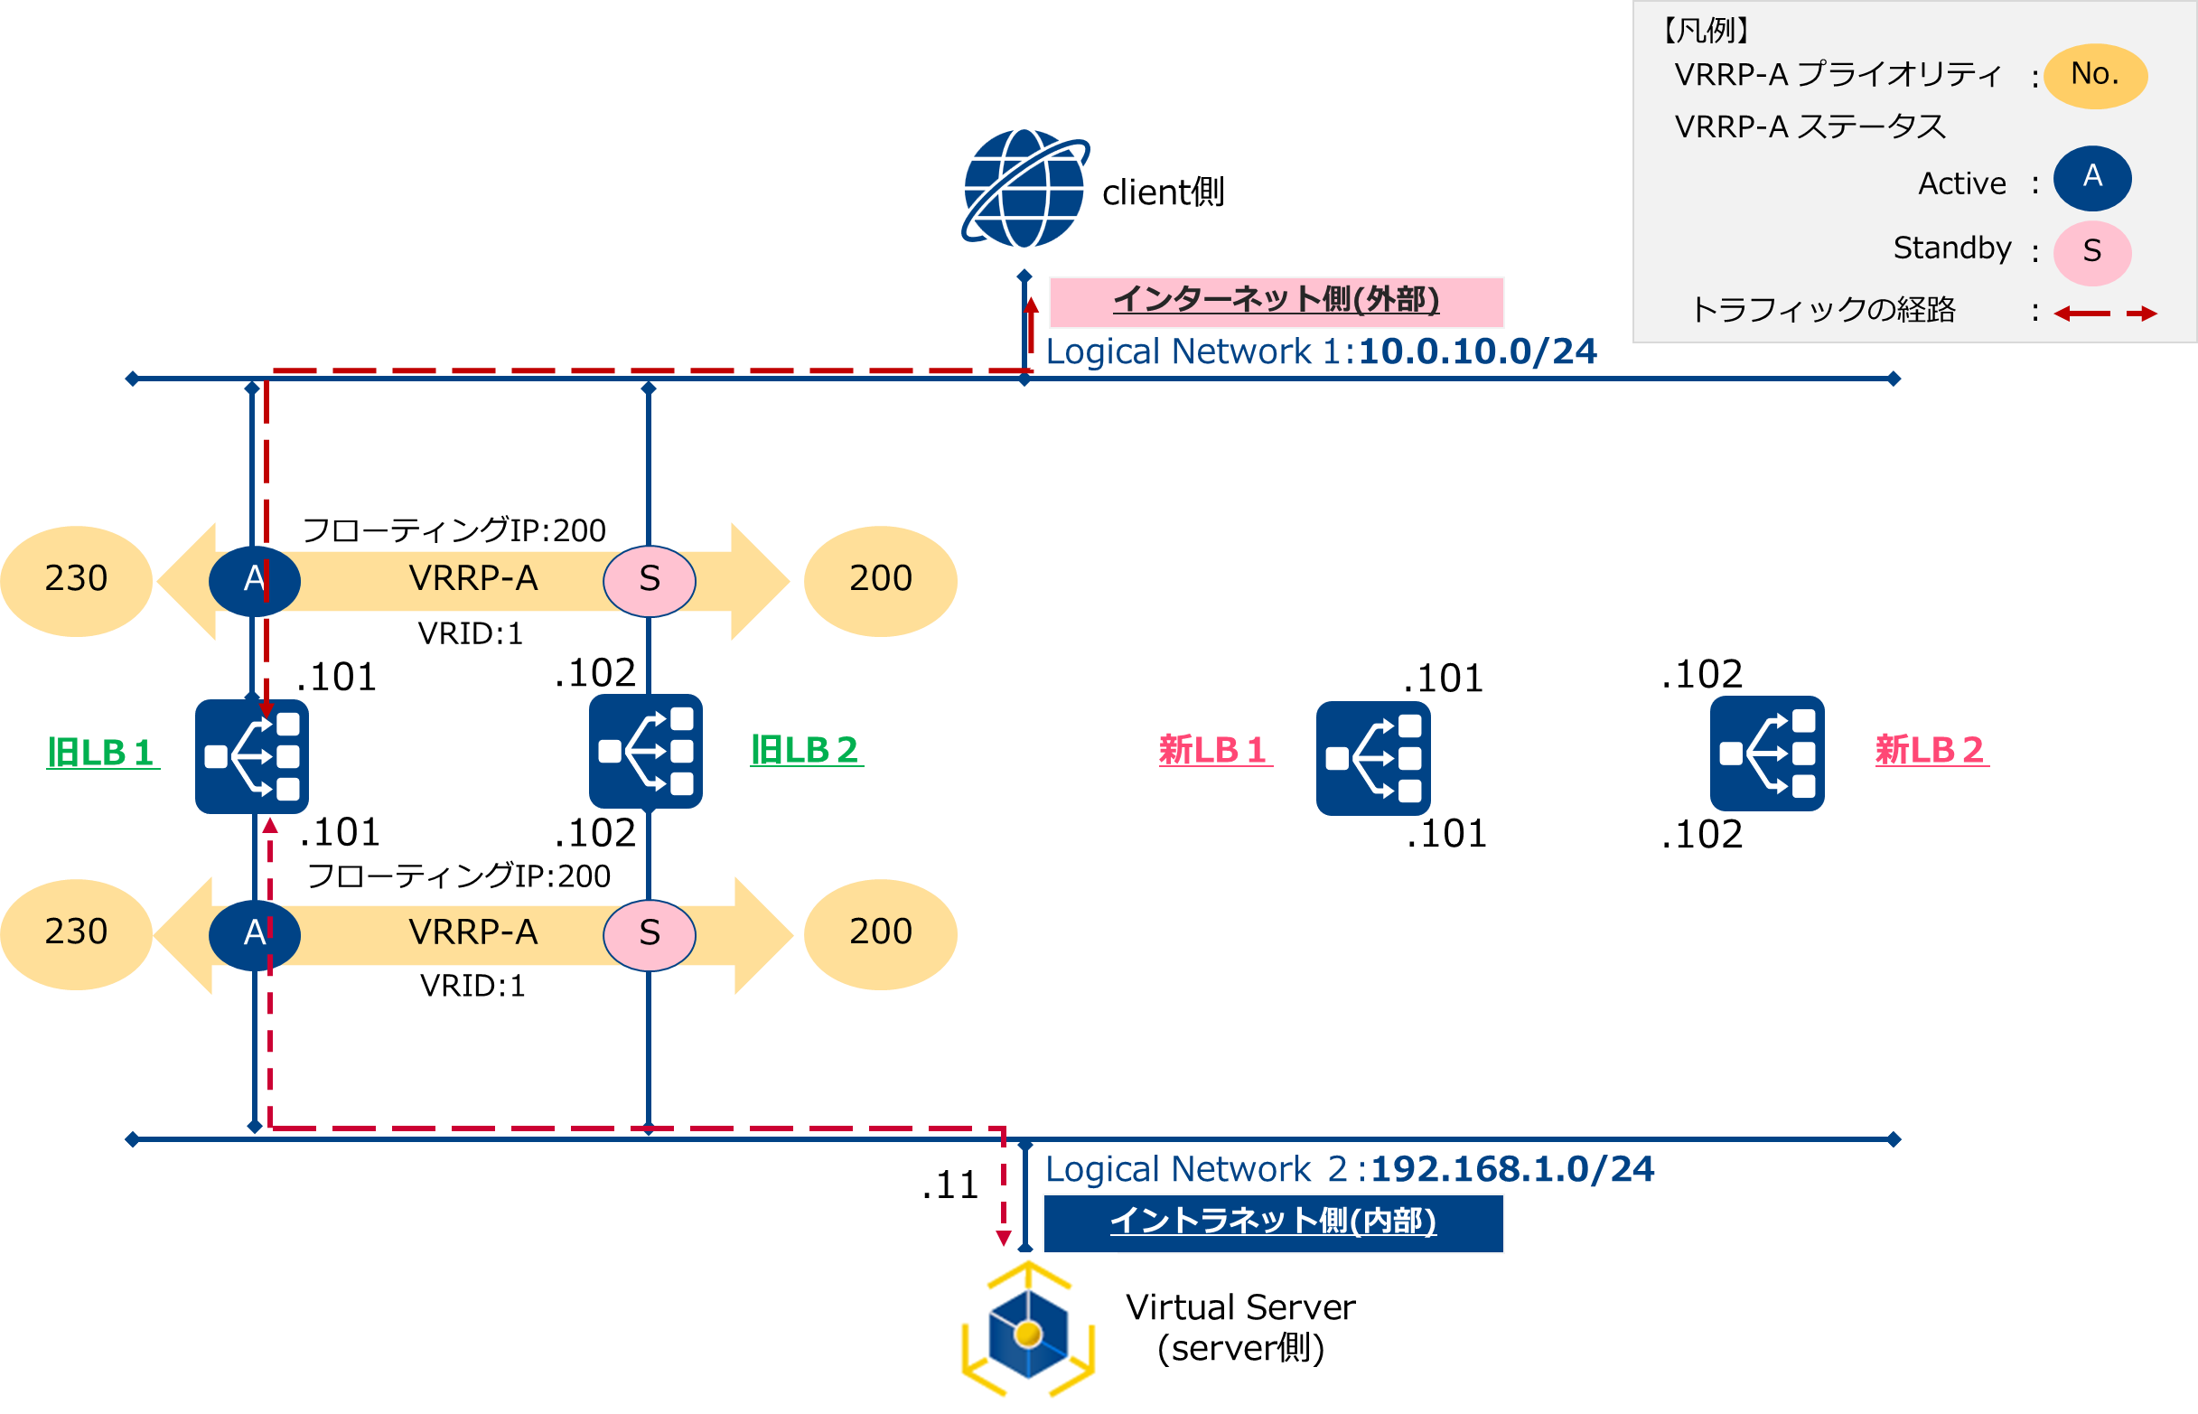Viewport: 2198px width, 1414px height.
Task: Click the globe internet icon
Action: [x=1024, y=189]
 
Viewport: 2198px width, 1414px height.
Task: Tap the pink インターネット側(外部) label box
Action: [x=1276, y=301]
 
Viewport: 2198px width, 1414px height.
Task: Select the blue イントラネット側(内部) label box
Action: [x=1273, y=1223]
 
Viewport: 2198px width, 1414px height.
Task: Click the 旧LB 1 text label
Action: [x=102, y=753]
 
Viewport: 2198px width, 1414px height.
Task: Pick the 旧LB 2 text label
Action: [x=806, y=750]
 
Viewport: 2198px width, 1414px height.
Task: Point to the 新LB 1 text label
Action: [x=1214, y=750]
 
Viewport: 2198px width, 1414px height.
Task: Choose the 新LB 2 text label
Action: [x=1930, y=750]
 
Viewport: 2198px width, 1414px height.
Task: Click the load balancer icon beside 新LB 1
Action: [x=1372, y=758]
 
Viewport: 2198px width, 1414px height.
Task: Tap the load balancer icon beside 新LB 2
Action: [x=1766, y=754]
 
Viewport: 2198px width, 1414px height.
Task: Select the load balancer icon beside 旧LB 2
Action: [x=645, y=752]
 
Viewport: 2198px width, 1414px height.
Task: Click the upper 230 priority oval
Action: [x=76, y=580]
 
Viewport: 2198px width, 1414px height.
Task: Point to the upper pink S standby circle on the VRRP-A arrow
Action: [x=650, y=580]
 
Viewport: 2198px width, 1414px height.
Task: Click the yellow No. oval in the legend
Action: [x=2094, y=75]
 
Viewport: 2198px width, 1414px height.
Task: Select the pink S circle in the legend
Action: [x=2091, y=251]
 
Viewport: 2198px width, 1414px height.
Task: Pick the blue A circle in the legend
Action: [x=2091, y=177]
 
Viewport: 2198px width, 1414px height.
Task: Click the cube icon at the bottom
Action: [x=1026, y=1334]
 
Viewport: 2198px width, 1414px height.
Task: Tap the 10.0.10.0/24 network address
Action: [x=1477, y=351]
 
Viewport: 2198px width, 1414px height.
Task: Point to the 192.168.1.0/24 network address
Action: [x=1512, y=1170]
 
